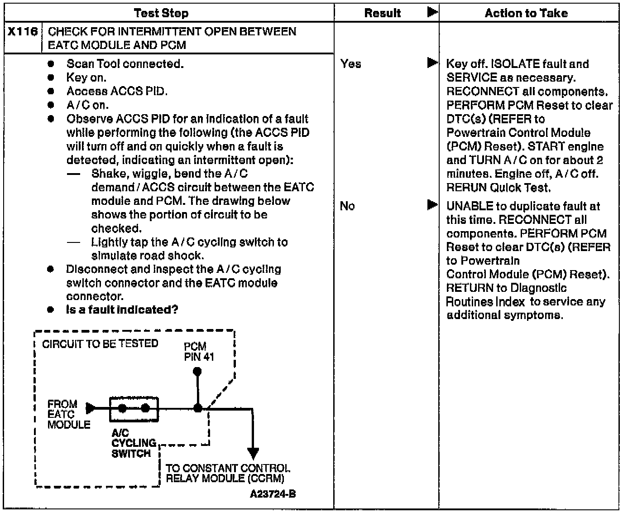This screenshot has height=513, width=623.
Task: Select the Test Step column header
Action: pyautogui.click(x=161, y=13)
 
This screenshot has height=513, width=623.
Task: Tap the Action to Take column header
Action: pyautogui.click(x=526, y=13)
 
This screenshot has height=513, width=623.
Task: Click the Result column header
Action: pyautogui.click(x=383, y=13)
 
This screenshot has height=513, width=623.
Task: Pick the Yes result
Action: pyautogui.click(x=351, y=64)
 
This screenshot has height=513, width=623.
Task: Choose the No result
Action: pyautogui.click(x=347, y=206)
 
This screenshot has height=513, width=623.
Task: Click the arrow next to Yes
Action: pyautogui.click(x=432, y=63)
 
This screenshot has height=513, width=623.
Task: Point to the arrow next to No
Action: pyautogui.click(x=432, y=205)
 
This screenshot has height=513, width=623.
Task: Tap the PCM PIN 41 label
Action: pyautogui.click(x=199, y=352)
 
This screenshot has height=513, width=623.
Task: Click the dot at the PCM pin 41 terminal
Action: pyautogui.click(x=197, y=372)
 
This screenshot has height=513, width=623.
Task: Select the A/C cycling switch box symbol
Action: pyautogui.click(x=134, y=409)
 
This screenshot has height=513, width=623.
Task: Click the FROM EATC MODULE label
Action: pyautogui.click(x=68, y=414)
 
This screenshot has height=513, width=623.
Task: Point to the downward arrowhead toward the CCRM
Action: pyautogui.click(x=253, y=453)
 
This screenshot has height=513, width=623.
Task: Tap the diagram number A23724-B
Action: pyautogui.click(x=273, y=494)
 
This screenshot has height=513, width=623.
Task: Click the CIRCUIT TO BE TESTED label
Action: pyautogui.click(x=100, y=344)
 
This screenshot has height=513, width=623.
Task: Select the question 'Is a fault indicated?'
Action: pyautogui.click(x=122, y=310)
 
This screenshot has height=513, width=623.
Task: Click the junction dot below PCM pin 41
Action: pyautogui.click(x=197, y=408)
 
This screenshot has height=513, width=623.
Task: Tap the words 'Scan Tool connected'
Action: pyautogui.click(x=125, y=64)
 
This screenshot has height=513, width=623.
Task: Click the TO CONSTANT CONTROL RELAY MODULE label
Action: pyautogui.click(x=227, y=473)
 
